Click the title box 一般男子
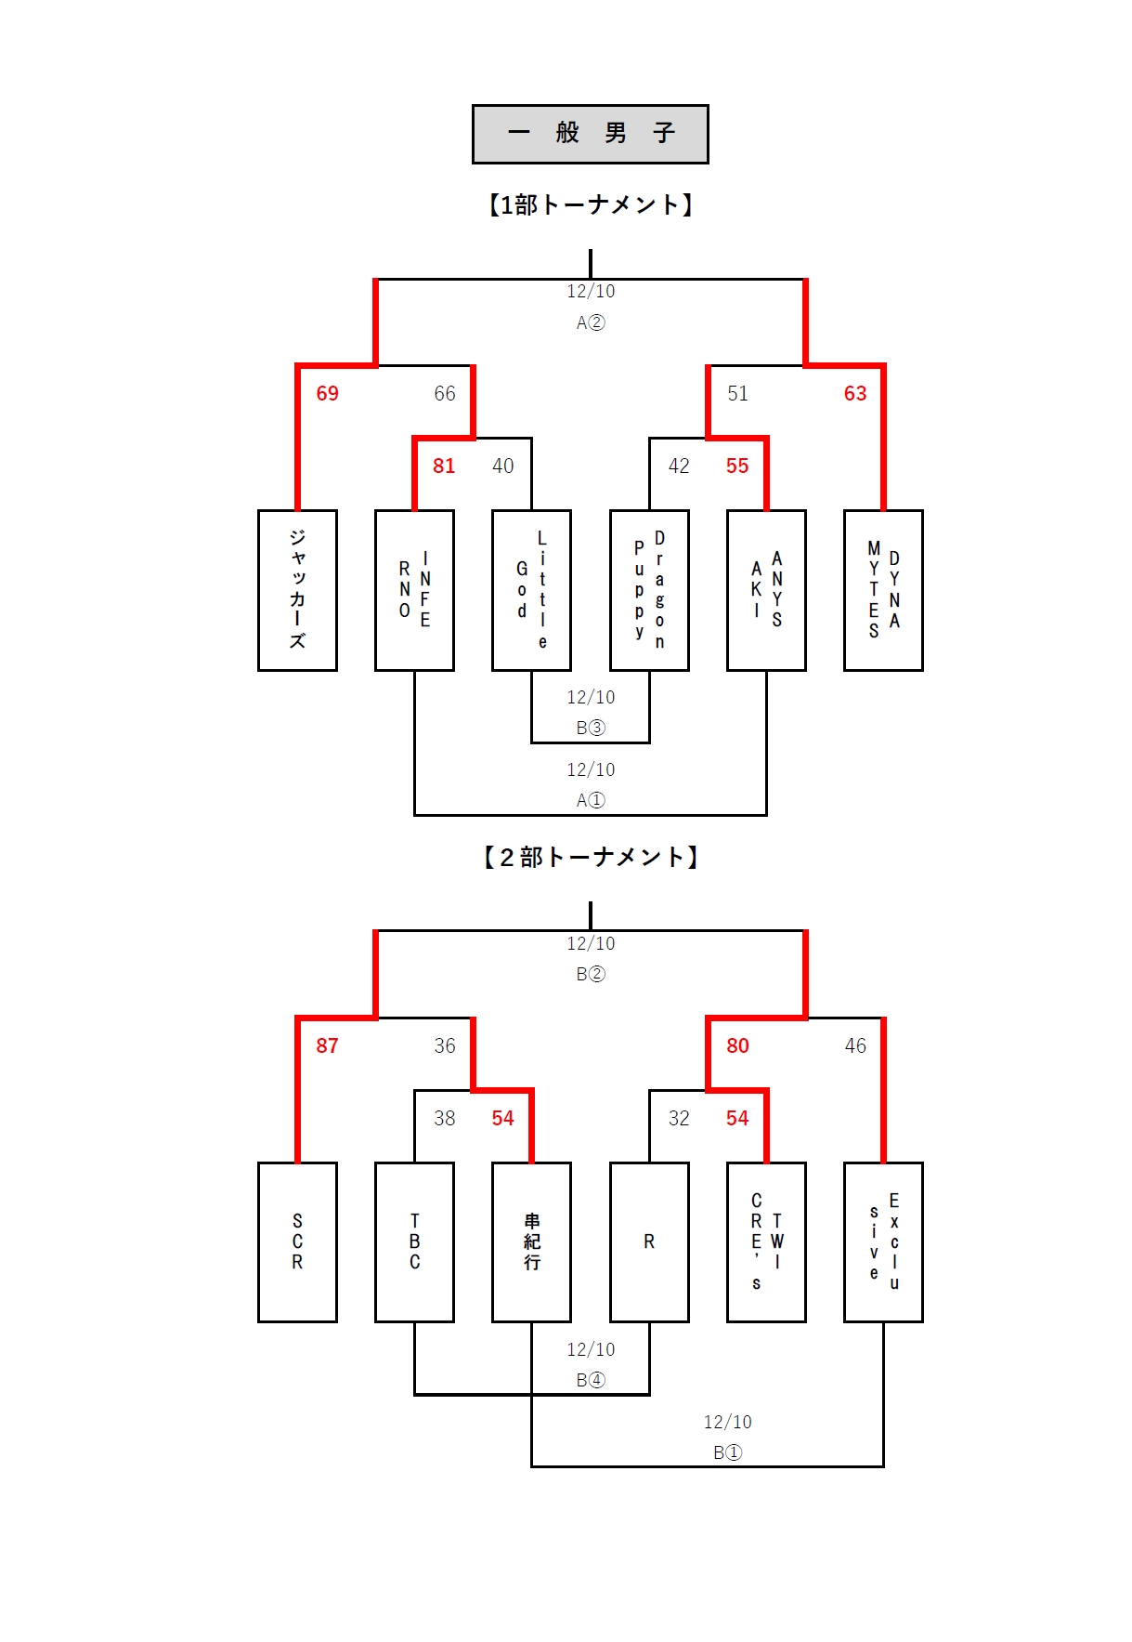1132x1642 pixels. (590, 134)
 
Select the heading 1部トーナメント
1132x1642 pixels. (590, 204)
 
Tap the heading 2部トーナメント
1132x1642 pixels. (590, 857)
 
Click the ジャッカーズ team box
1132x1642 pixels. (297, 590)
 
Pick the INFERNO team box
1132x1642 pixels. (414, 590)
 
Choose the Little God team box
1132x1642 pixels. (531, 590)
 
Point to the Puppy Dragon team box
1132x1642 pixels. (649, 590)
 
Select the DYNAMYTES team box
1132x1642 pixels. (883, 590)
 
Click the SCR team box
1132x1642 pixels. (297, 1241)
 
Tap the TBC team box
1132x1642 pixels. (414, 1241)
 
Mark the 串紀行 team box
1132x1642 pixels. (531, 1241)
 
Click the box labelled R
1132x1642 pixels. (649, 1241)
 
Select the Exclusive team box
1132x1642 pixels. (883, 1241)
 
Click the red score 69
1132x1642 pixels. (327, 394)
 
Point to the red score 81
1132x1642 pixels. (444, 466)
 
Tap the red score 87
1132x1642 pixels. (327, 1046)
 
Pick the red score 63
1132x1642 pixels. (854, 394)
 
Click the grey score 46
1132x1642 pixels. (854, 1046)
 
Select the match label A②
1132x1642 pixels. (590, 323)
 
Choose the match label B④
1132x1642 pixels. (590, 1381)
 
